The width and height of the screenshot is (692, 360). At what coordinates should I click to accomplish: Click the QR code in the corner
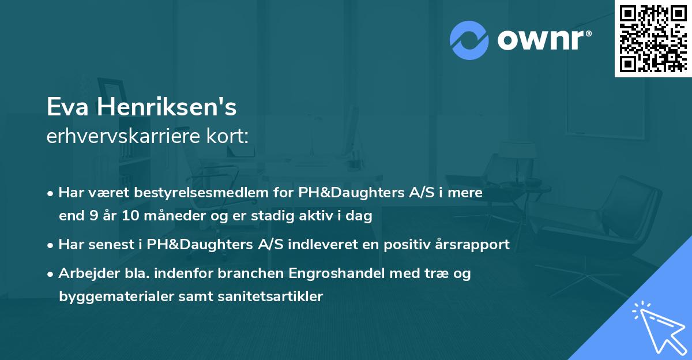(653, 38)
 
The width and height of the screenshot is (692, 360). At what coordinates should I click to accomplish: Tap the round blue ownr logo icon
(469, 40)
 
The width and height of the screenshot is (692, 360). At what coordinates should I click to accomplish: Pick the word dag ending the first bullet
(360, 216)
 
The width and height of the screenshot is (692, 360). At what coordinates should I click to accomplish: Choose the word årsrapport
(475, 245)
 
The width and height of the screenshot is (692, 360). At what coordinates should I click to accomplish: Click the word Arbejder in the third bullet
(84, 273)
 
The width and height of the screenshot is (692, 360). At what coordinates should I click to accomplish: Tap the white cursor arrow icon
(658, 326)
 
